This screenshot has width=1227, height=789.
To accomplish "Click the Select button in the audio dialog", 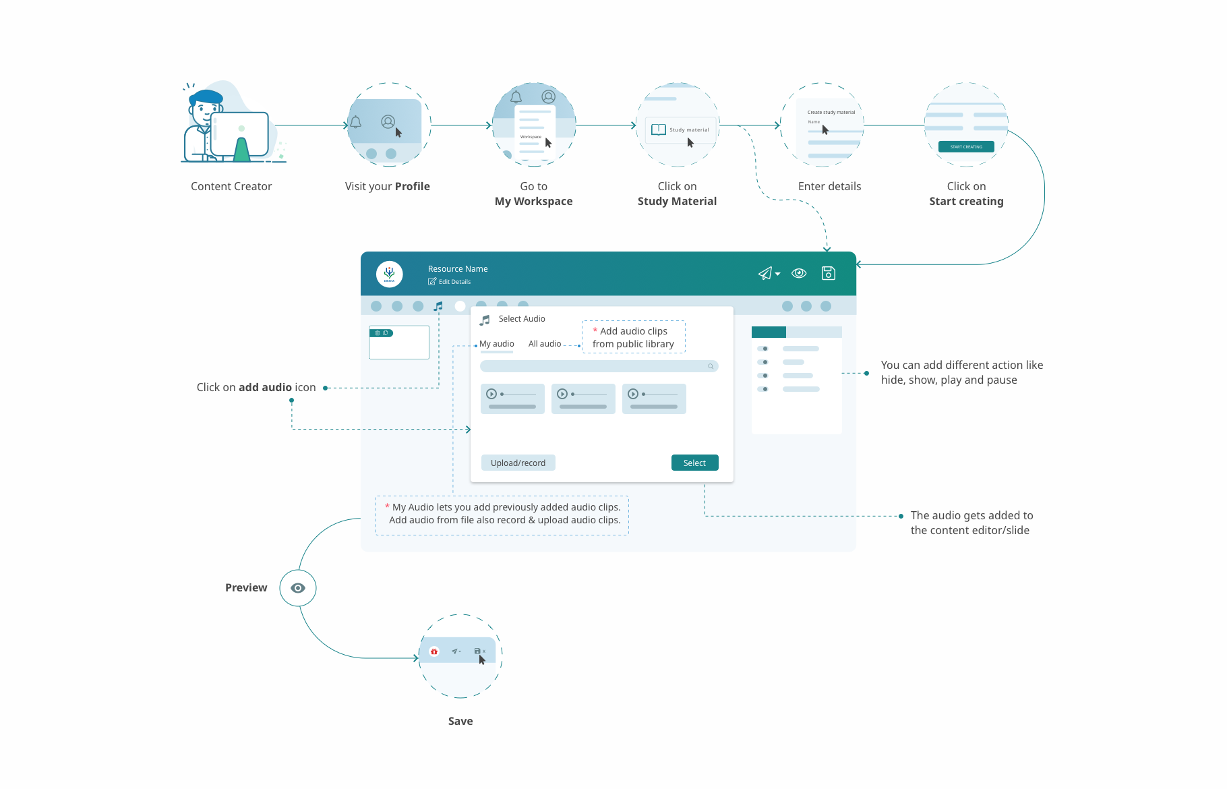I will (x=694, y=463).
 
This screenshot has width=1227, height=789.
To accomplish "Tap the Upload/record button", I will (x=518, y=463).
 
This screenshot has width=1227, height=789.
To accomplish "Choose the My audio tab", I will (x=497, y=344).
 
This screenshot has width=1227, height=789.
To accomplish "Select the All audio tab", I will (x=545, y=344).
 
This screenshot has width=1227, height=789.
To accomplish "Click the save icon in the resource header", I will (x=829, y=273).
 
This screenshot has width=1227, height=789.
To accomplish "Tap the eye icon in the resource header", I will (x=799, y=273).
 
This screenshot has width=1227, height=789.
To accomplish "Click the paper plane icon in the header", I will (x=766, y=273).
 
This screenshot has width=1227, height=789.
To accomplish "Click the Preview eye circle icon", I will (x=298, y=588).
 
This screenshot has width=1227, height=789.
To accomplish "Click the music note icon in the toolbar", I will (x=438, y=306).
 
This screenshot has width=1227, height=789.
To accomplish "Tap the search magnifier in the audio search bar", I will (x=711, y=366).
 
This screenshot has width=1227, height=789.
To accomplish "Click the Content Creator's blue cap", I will (x=206, y=96).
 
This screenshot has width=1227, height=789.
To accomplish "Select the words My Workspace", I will (x=533, y=201).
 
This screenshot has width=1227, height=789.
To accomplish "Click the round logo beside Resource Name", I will (x=389, y=274).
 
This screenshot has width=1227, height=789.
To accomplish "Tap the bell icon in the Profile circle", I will (x=355, y=122).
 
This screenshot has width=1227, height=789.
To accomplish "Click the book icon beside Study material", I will (x=659, y=129).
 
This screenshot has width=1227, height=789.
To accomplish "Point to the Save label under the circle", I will (x=460, y=721).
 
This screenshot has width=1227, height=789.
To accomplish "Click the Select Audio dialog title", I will (x=522, y=319).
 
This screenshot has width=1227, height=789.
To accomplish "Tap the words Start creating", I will (x=966, y=201).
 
